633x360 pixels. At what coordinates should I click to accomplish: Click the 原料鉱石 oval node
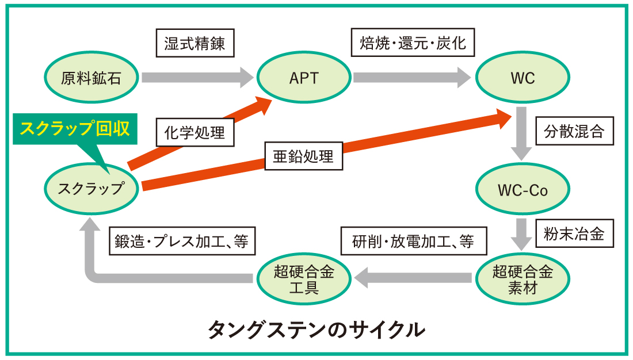pos(91,77)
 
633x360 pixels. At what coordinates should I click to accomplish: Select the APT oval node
pos(304,77)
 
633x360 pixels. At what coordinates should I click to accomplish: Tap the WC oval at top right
pos(523,77)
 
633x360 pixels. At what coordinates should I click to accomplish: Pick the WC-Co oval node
pos(523,189)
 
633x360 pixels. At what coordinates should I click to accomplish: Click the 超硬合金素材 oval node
pos(523,279)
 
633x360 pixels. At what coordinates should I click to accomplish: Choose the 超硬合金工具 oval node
pos(304,279)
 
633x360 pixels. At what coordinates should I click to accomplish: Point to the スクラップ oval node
pos(91,189)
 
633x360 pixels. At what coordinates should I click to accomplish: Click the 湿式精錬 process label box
pos(195,43)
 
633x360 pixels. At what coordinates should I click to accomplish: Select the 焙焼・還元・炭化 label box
pos(413,43)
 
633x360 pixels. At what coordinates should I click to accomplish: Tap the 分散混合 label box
pos(574,131)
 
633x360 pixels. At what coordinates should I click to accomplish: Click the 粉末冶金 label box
pos(574,233)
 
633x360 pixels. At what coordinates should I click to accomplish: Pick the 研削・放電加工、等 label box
pos(414,241)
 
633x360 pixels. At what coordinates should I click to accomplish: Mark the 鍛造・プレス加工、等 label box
pos(182,241)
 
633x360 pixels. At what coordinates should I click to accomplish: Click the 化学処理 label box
pos(195,132)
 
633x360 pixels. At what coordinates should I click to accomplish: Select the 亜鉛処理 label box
pos(304,156)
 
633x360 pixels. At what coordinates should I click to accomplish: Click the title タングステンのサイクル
pos(316,330)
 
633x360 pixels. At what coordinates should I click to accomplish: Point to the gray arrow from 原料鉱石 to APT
pos(197,77)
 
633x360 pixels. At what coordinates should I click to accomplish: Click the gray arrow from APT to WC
pos(412,77)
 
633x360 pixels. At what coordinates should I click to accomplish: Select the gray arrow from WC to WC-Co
pos(521,133)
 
